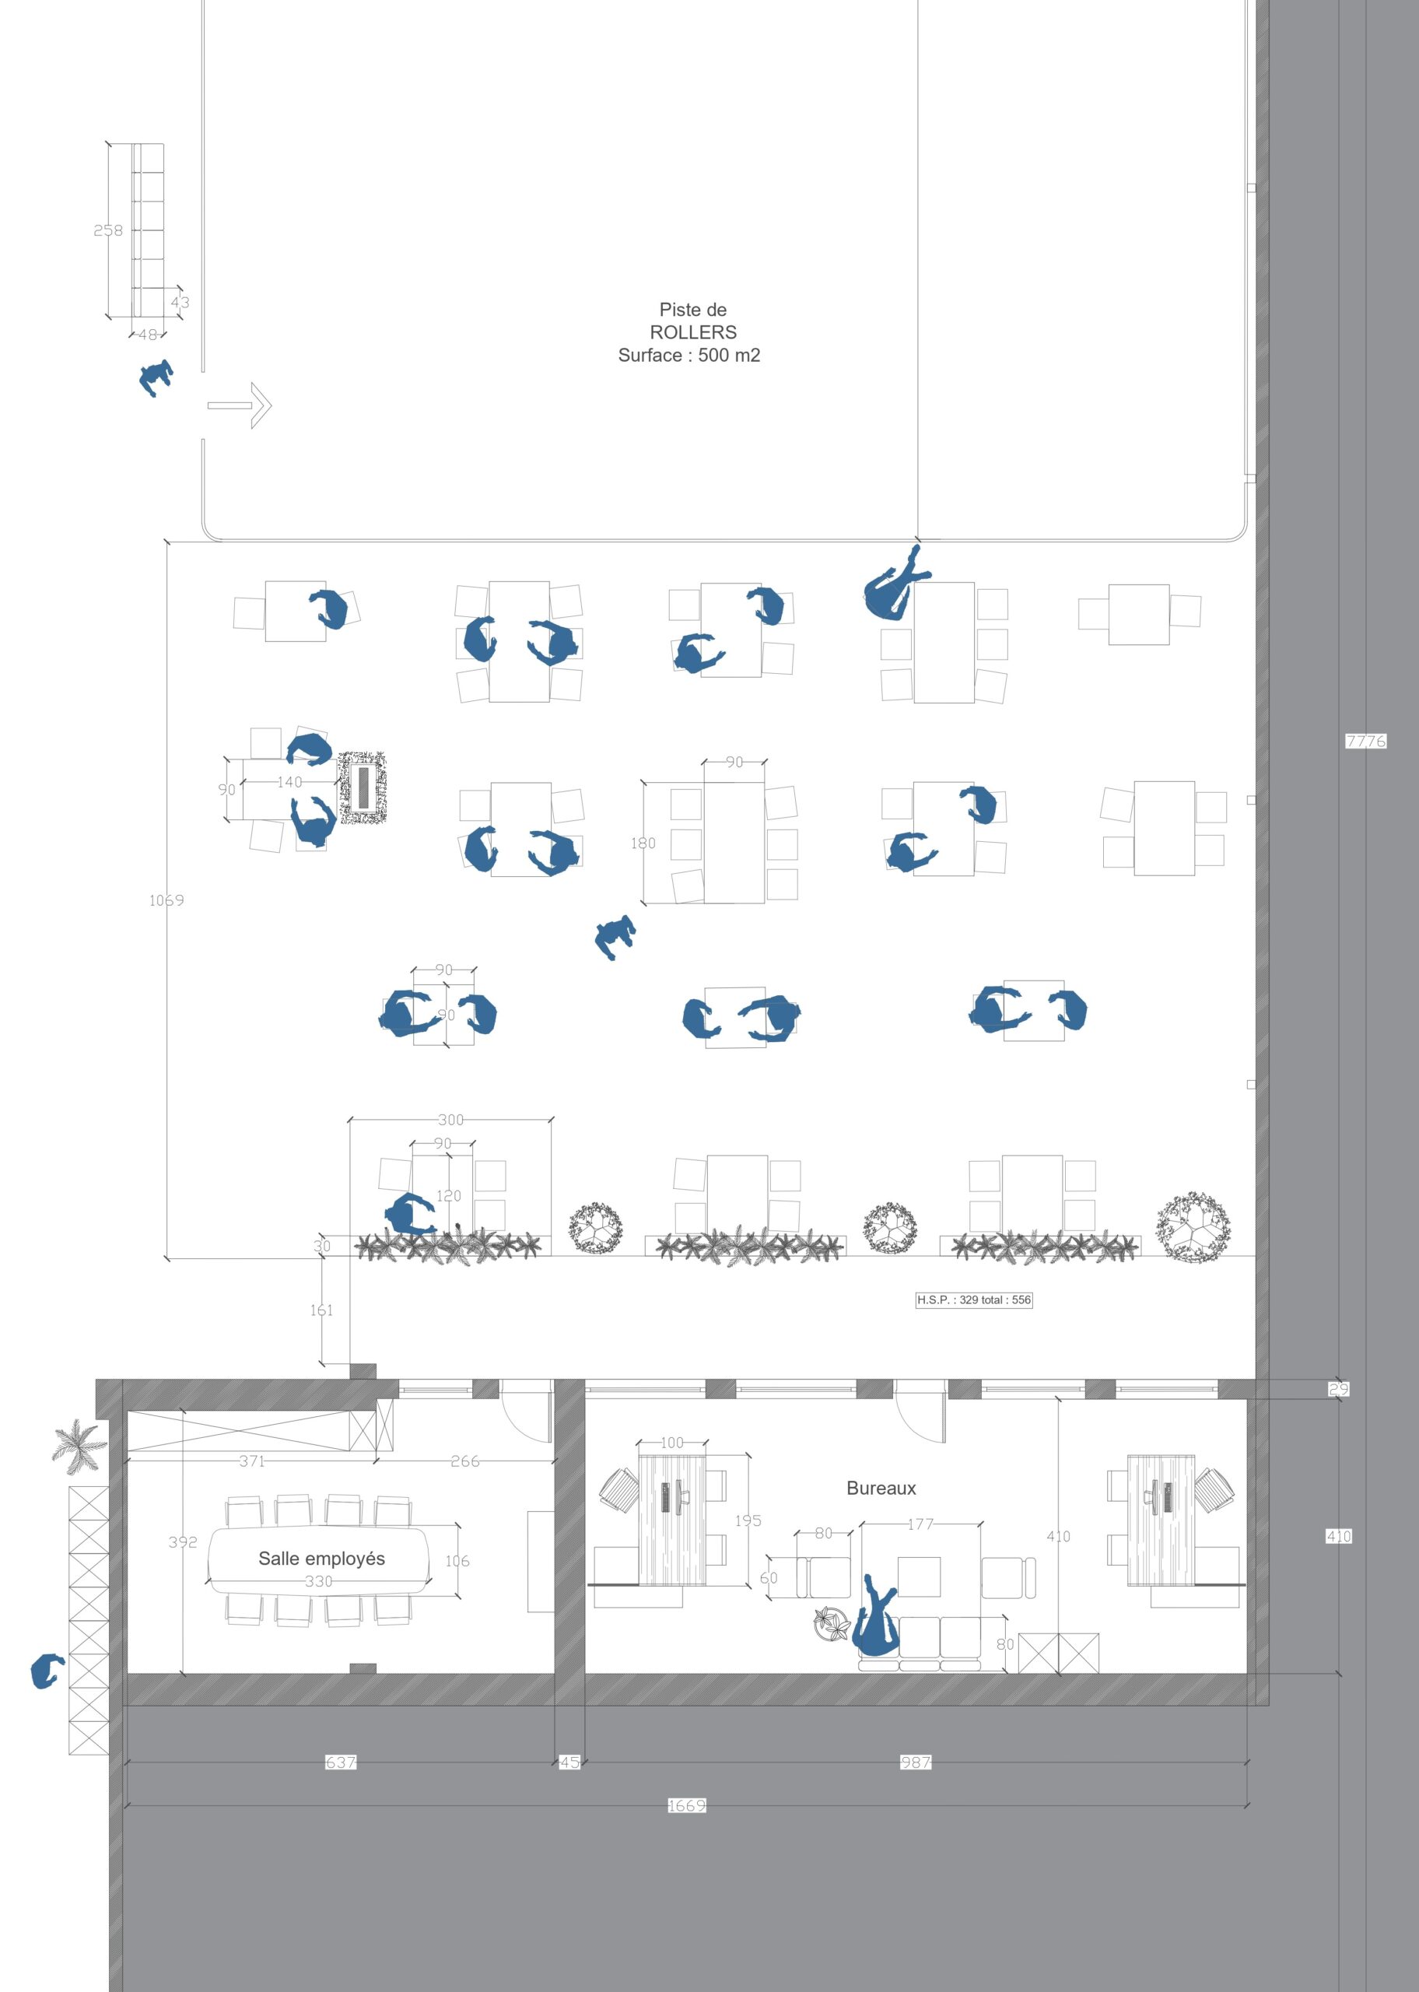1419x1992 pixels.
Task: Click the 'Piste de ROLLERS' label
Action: (x=694, y=321)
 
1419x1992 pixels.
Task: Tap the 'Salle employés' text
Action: (x=321, y=1558)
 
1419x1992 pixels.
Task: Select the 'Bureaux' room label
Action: (x=881, y=1488)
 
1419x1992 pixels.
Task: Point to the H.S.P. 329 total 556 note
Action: (x=974, y=1300)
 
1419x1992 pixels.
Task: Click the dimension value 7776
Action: (x=1365, y=741)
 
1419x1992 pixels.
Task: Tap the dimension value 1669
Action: (x=687, y=1805)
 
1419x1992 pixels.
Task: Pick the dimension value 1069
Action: (x=166, y=900)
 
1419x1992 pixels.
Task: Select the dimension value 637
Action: (x=341, y=1762)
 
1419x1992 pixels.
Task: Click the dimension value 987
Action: (x=916, y=1762)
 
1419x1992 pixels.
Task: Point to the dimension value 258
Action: (x=108, y=230)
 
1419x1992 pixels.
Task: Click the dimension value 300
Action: (x=451, y=1120)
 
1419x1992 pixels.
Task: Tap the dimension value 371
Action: (x=251, y=1461)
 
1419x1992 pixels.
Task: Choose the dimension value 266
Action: (x=465, y=1461)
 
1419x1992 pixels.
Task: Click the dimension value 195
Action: (x=748, y=1520)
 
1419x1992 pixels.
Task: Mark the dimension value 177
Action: (x=921, y=1524)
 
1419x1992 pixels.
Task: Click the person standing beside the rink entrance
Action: (x=156, y=378)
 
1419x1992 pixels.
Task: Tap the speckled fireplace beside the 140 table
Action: (x=363, y=787)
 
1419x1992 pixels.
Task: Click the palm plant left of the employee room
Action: (x=79, y=1443)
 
